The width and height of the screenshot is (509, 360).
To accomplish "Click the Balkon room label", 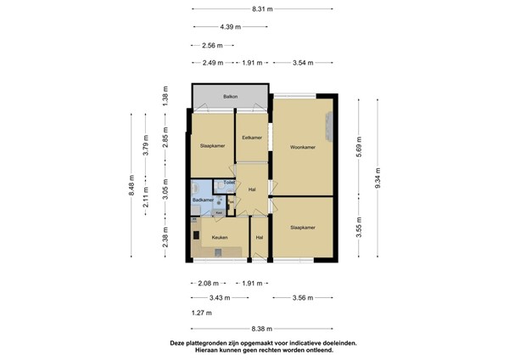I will [x=230, y=98].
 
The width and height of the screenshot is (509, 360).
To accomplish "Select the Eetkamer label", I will [x=251, y=137].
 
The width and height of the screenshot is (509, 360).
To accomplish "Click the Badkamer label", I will [x=203, y=200].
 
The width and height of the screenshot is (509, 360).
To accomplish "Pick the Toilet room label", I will [x=228, y=183].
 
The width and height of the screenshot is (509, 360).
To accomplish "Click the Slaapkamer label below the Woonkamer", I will [x=303, y=228].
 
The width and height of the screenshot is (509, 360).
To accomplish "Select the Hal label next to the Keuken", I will [x=259, y=238].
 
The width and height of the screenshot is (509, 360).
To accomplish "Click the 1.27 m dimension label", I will [x=202, y=313].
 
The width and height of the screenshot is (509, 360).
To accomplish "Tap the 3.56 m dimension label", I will [x=302, y=298].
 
